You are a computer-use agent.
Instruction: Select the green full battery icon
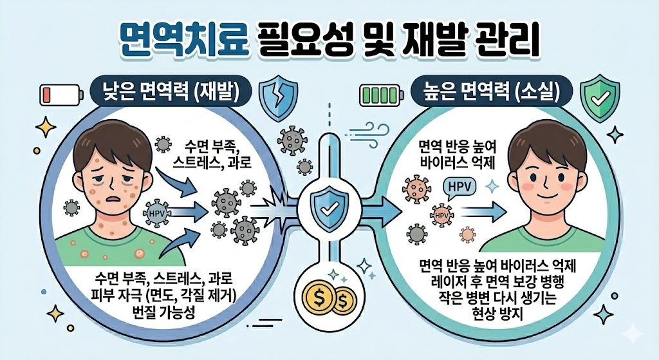379,96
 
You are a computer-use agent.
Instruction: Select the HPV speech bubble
459,187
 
